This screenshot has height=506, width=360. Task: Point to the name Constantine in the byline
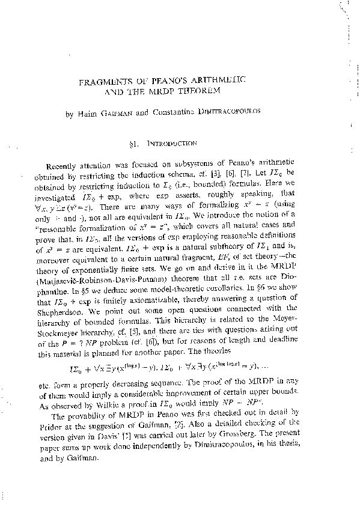pyautogui.click(x=188, y=112)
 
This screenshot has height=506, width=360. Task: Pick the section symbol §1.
pyautogui.click(x=144, y=144)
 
